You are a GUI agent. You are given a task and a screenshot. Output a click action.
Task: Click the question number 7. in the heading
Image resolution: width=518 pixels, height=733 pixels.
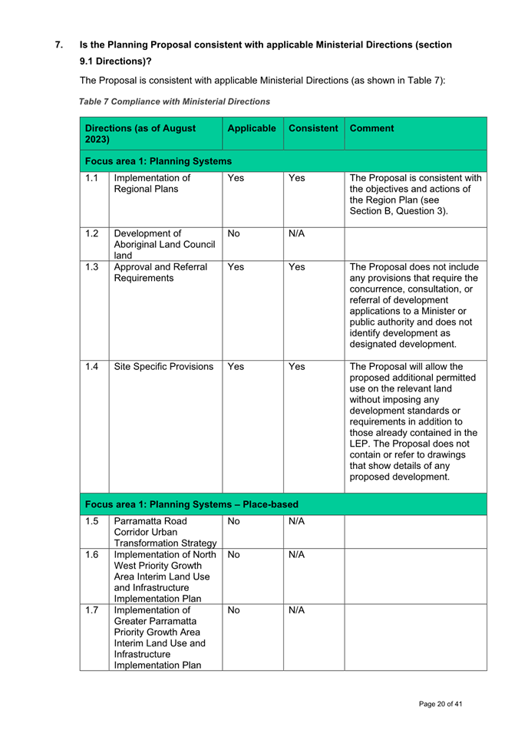pyautogui.click(x=59, y=45)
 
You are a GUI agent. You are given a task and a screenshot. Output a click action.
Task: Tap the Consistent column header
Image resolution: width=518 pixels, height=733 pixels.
pyautogui.click(x=313, y=129)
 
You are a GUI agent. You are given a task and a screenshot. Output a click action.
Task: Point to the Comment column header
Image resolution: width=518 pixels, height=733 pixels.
pyautogui.click(x=373, y=129)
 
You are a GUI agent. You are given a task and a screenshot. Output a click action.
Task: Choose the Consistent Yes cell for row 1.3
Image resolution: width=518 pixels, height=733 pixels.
pyautogui.click(x=297, y=269)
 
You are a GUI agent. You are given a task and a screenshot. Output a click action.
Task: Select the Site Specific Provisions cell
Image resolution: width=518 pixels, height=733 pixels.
pyautogui.click(x=163, y=366)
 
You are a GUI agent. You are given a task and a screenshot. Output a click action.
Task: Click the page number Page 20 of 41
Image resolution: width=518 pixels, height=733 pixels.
pyautogui.click(x=440, y=704)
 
